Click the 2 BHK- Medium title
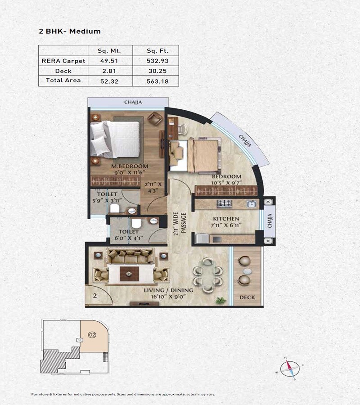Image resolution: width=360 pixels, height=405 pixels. pyautogui.click(x=70, y=31)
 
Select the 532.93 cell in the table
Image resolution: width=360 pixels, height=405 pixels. pyautogui.click(x=156, y=60)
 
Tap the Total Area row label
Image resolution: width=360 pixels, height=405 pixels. pyautogui.click(x=63, y=81)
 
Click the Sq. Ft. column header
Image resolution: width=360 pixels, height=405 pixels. pyautogui.click(x=156, y=50)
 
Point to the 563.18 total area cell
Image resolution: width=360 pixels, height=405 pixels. pyautogui.click(x=156, y=81)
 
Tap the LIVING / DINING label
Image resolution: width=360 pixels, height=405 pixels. pyautogui.click(x=169, y=291)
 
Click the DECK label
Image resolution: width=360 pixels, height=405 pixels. pyautogui.click(x=247, y=297)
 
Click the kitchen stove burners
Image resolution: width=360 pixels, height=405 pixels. pyautogui.click(x=225, y=203)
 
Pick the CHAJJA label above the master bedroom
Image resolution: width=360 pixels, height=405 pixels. pyautogui.click(x=133, y=103)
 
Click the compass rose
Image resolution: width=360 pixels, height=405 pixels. pyautogui.click(x=289, y=369)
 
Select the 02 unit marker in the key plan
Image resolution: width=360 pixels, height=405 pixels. pyautogui.click(x=92, y=335)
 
